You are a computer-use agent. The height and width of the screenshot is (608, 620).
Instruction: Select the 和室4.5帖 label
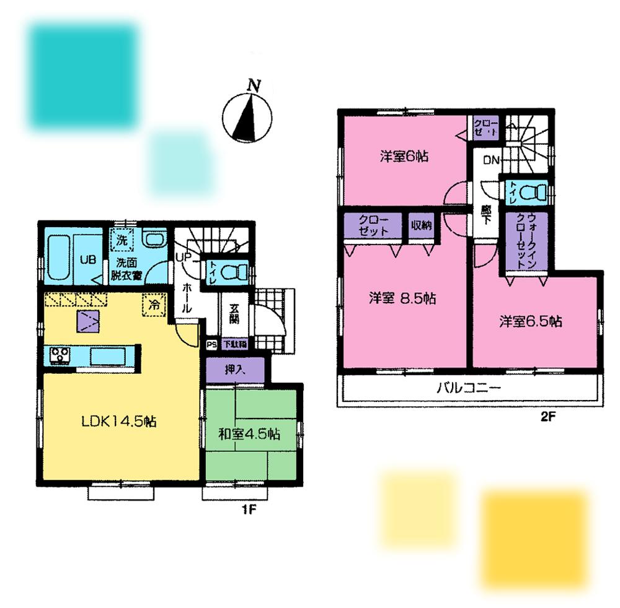point(249,434)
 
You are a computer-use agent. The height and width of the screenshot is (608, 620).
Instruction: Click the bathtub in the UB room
point(61,256)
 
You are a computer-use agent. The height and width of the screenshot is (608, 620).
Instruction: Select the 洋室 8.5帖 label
point(403,298)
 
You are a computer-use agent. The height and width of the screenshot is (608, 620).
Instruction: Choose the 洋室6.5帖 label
point(531,321)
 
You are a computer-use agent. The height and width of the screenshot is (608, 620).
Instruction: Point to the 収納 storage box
point(423,226)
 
